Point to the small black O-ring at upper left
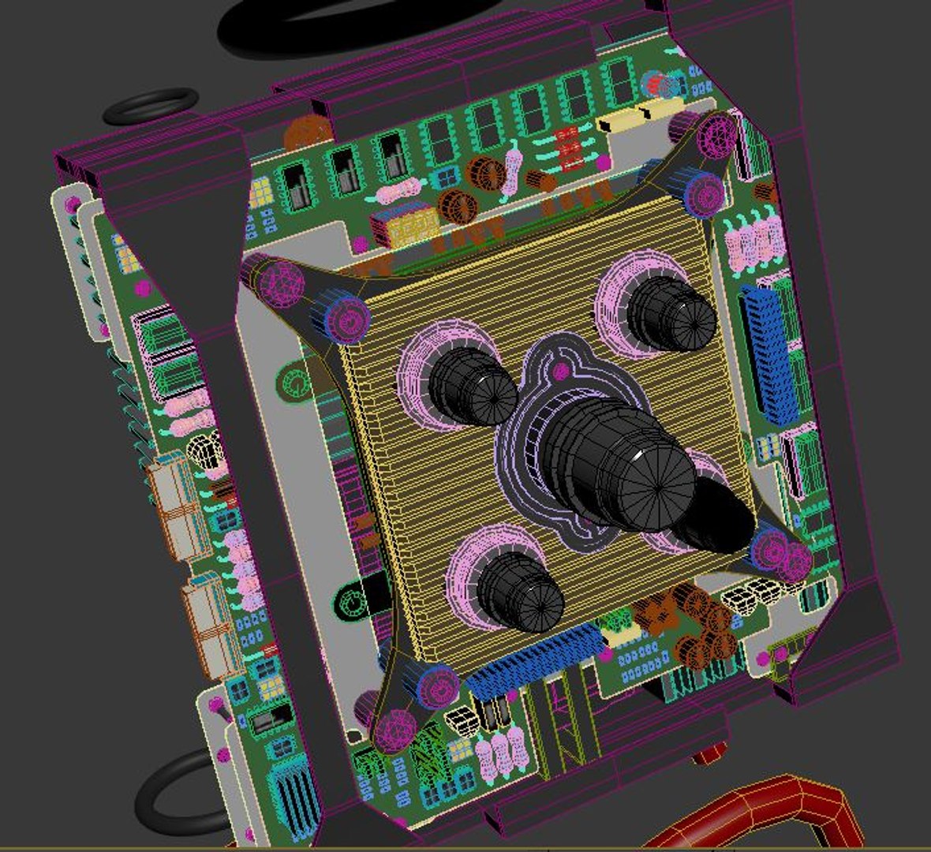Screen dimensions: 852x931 pyautogui.click(x=150, y=106)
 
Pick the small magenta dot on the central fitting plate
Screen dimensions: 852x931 pyautogui.click(x=561, y=371)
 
